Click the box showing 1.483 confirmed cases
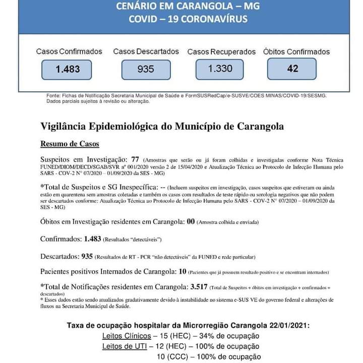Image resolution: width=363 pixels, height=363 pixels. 67,69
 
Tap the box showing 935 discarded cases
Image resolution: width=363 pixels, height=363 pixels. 146,69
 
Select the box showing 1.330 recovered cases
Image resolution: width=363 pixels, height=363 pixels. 220,68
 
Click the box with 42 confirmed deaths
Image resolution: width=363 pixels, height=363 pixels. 292,68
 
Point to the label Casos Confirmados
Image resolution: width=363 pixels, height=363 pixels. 69,51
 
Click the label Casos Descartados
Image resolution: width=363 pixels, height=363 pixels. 146,51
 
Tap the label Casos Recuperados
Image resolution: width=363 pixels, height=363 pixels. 222,52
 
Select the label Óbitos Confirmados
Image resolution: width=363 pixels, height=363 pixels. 296,52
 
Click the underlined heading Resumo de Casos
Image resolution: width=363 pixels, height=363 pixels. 70,144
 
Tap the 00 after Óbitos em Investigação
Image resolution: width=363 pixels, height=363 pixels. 191,222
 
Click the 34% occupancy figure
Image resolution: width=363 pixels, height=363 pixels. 208,336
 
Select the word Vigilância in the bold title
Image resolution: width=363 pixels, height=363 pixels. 64,126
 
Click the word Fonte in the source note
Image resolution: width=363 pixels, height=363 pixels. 52,95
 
